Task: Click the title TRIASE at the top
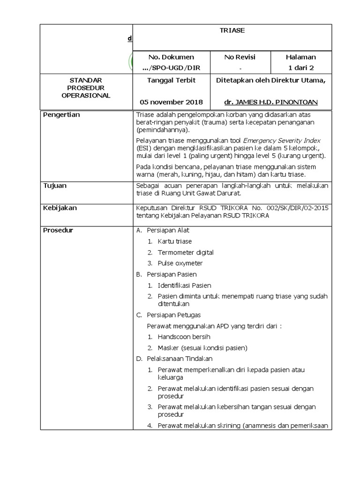coord(232,30)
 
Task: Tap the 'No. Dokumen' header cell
coord(171,57)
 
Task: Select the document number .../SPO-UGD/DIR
coord(171,68)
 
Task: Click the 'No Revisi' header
coord(240,57)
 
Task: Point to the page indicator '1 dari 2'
coord(301,68)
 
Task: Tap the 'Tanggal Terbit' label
coord(171,80)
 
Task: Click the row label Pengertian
coord(61,115)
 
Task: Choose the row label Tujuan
coord(55,186)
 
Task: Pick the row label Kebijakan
coord(60,208)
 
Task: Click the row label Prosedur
coord(58,230)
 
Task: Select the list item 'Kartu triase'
coord(174,241)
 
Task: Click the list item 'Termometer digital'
coord(186,253)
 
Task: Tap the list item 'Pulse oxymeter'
coord(180,263)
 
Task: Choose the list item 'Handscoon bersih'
coord(184,337)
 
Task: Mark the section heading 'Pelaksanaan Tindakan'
coord(180,359)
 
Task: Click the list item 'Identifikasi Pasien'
coord(184,285)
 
